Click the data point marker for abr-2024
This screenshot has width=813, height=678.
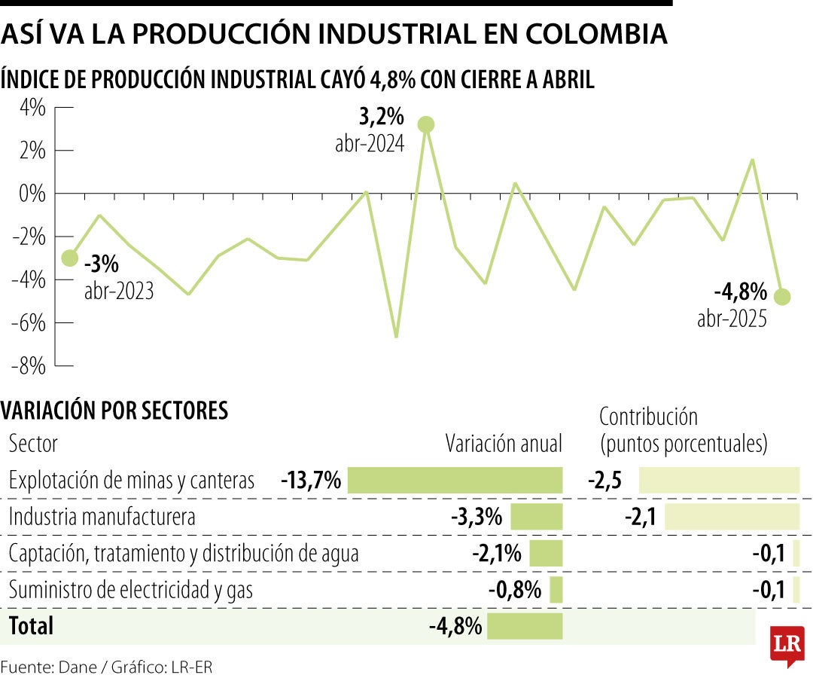426,124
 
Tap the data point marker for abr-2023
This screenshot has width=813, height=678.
69,258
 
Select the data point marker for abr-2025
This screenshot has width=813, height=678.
782,297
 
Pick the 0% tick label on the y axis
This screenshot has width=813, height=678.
31,194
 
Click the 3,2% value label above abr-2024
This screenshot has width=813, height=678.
381,118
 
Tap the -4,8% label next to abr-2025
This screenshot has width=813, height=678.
740,291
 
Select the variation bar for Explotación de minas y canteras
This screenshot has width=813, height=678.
455,480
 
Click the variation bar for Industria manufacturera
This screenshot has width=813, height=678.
537,517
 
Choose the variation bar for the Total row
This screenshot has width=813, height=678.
525,626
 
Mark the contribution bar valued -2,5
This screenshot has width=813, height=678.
719,480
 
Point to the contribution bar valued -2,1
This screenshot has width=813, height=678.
732,517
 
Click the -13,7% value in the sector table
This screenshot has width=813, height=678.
311,480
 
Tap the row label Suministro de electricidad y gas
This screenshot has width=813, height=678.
130,590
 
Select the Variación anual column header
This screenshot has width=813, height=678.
504,444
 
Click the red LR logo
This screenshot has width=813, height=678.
787,644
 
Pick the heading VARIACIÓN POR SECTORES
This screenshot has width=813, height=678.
114,411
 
